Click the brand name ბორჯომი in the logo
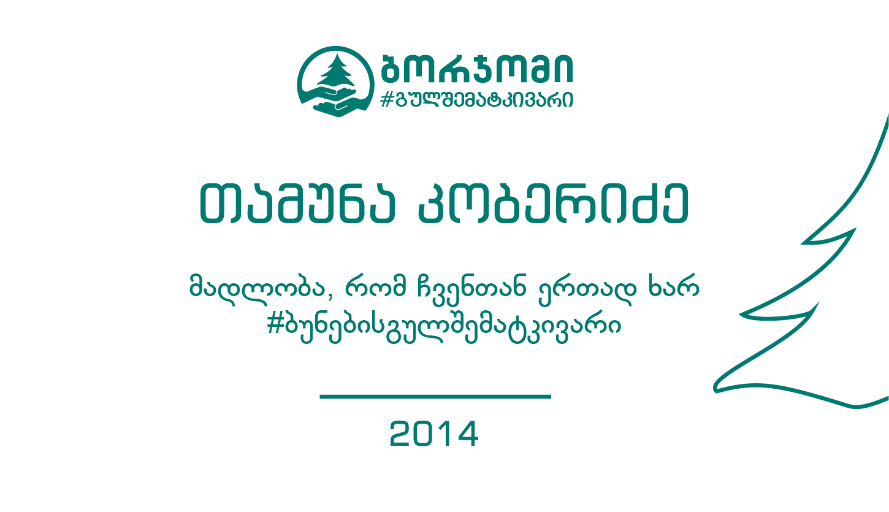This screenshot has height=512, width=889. (476, 68)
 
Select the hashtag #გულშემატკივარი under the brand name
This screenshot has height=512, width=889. (476, 99)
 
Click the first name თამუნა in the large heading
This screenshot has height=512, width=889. (297, 203)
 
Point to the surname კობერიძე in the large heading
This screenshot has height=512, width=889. (553, 203)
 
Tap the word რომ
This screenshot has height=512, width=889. (376, 286)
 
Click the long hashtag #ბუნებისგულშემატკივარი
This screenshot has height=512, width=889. (444, 326)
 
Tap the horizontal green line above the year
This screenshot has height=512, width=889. (435, 397)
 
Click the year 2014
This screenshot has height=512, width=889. (434, 434)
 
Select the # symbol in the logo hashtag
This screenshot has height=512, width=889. (386, 99)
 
